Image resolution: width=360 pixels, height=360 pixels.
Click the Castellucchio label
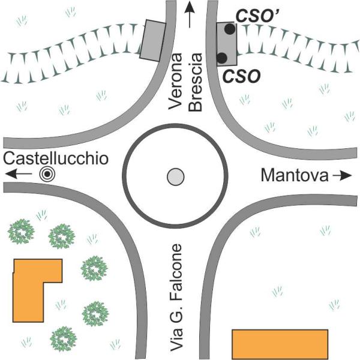[x=56, y=158]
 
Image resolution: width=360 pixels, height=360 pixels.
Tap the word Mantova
[x=295, y=175]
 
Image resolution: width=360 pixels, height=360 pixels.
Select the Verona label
[x=175, y=82]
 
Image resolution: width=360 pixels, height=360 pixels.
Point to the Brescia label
[x=195, y=82]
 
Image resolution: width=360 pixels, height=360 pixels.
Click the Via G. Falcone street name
[x=176, y=298]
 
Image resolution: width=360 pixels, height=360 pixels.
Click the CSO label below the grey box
[x=242, y=76]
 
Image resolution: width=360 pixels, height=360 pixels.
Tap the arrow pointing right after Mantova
[x=343, y=176]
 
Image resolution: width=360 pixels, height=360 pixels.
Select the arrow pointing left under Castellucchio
[x=19, y=174]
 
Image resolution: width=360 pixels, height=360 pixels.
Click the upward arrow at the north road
[x=190, y=14]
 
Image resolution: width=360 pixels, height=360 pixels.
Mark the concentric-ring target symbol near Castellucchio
[x=47, y=174]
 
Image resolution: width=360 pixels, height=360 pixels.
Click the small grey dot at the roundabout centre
[x=176, y=177]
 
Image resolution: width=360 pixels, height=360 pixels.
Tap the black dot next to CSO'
[x=230, y=29]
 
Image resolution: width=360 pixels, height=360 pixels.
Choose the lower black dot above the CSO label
[x=222, y=58]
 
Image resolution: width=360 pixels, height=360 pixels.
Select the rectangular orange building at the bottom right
[x=280, y=344]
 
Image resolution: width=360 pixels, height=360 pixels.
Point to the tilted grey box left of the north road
[x=153, y=41]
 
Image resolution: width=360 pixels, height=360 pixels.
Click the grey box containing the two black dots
[x=226, y=44]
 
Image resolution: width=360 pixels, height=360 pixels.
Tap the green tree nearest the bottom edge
[x=64, y=339]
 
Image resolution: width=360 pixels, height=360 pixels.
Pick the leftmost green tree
[x=21, y=232]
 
